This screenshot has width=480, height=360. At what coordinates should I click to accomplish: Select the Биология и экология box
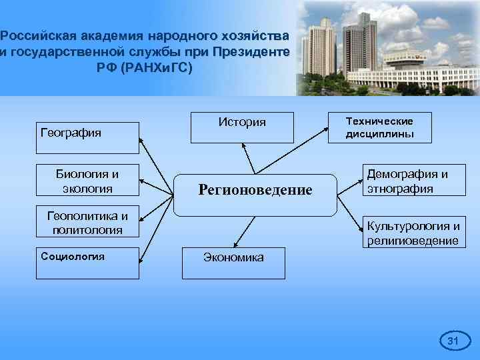(x=87, y=181)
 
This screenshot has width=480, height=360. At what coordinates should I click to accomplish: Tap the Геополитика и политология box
(x=87, y=223)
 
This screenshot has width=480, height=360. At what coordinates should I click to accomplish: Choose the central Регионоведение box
(x=255, y=195)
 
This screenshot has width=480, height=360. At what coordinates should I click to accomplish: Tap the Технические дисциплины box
(x=379, y=127)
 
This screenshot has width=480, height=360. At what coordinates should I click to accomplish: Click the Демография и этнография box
(x=407, y=181)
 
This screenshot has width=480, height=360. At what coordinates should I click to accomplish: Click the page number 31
(x=453, y=341)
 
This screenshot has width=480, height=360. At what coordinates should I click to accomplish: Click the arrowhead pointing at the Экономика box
(x=235, y=246)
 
